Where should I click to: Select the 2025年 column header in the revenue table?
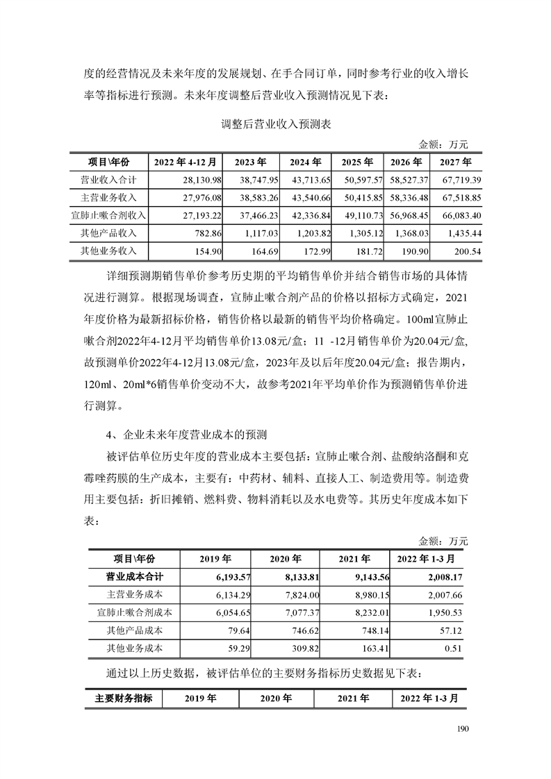point(357,162)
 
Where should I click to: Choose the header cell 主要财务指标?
point(124,698)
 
